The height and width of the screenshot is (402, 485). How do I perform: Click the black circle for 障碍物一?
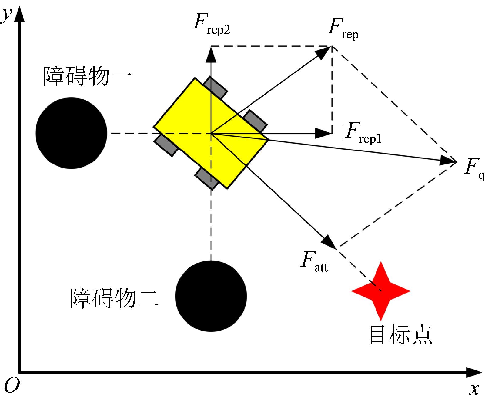[71, 133]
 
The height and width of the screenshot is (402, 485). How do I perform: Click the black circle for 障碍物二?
[211, 296]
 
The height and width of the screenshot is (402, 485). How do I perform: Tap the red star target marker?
[381, 291]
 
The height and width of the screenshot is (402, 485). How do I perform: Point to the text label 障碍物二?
[114, 299]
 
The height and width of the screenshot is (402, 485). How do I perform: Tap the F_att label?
[314, 261]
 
